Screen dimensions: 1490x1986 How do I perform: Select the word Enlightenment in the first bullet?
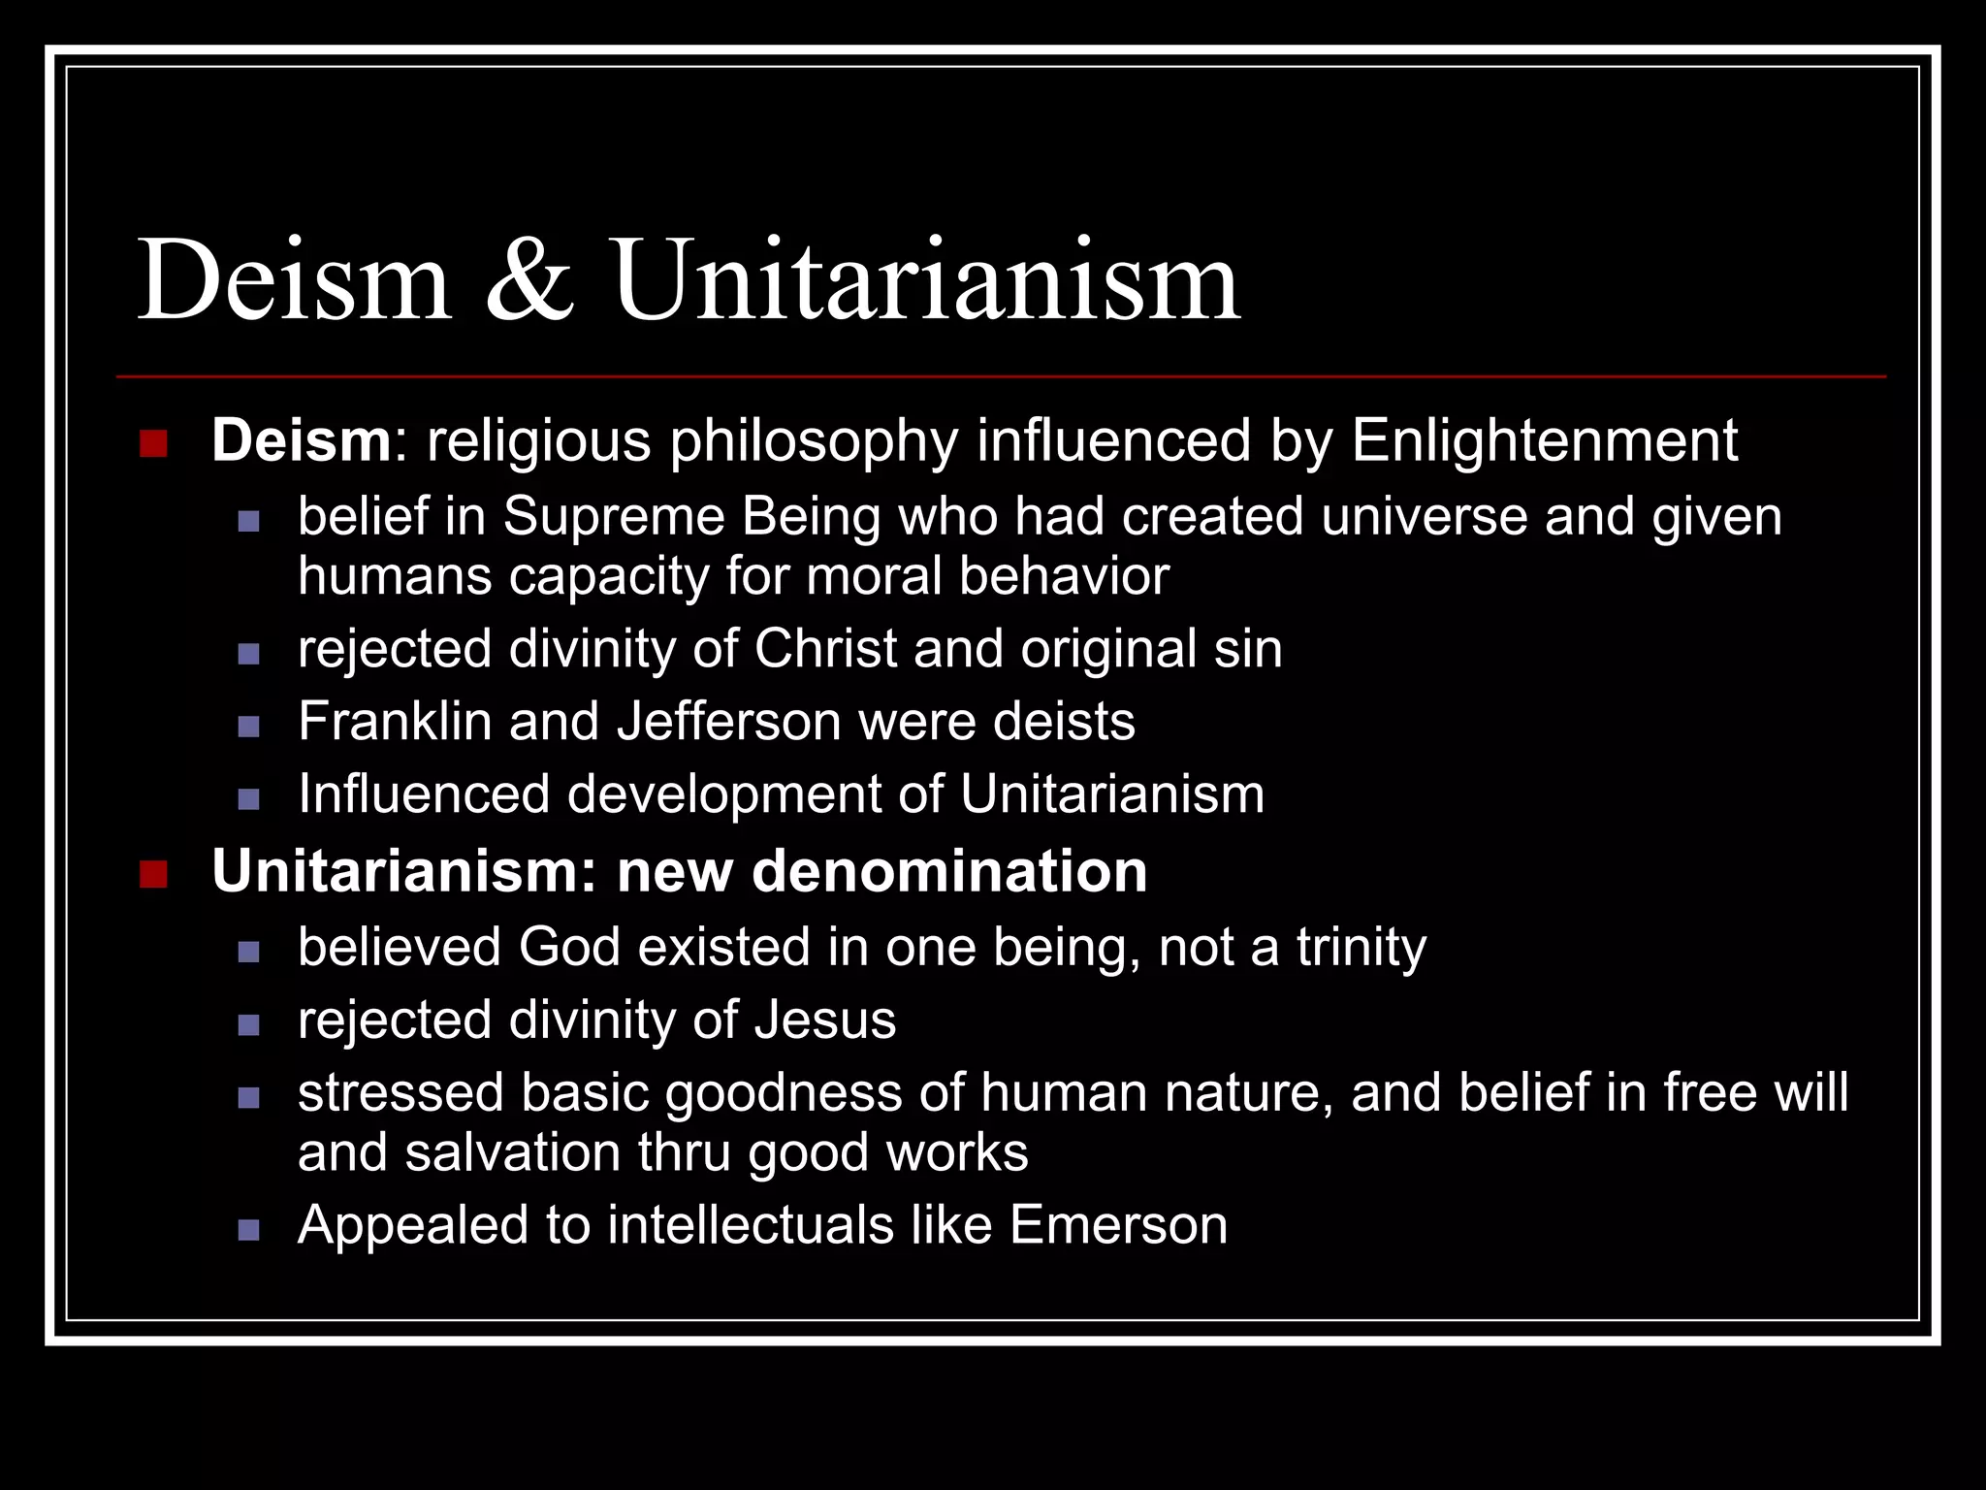pyautogui.click(x=1544, y=441)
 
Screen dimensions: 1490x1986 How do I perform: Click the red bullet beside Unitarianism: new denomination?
pyautogui.click(x=153, y=874)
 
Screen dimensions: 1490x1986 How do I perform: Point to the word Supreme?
pyautogui.click(x=613, y=517)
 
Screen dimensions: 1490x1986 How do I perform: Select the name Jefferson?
pyautogui.click(x=728, y=722)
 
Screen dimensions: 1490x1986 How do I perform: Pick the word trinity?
pyautogui.click(x=1361, y=948)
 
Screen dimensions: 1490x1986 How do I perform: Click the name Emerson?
pyautogui.click(x=1118, y=1225)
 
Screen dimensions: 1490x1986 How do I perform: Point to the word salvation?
pyautogui.click(x=512, y=1153)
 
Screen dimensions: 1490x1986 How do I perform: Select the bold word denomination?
pyautogui.click(x=949, y=871)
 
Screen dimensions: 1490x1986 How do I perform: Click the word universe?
pyautogui.click(x=1424, y=517)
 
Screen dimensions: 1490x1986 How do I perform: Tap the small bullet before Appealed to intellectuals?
pyautogui.click(x=248, y=1230)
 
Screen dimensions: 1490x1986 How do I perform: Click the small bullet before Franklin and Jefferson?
pyautogui.click(x=248, y=727)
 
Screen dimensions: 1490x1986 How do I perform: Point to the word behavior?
pyautogui.click(x=1064, y=577)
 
